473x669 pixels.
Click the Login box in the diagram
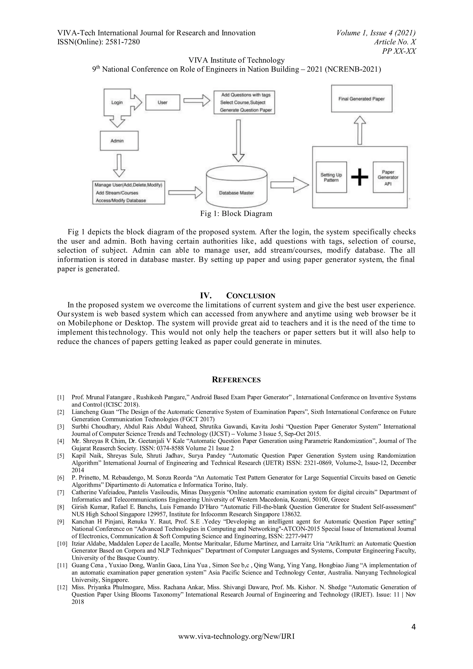coord(117,102)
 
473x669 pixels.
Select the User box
coord(163,102)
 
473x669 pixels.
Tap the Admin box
coord(119,141)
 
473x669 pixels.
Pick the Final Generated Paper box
coord(361,99)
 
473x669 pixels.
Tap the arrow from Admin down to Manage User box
coord(119,165)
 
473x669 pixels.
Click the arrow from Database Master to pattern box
coord(289,185)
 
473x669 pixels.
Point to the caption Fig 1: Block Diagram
coord(236,214)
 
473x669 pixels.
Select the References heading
coord(236,380)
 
